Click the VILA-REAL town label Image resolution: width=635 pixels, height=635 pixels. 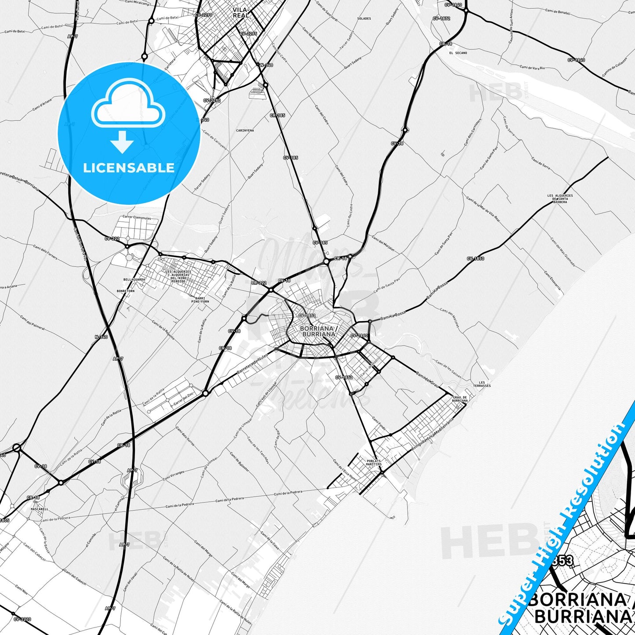pos(241,13)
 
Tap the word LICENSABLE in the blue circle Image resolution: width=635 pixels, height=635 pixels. pos(129,168)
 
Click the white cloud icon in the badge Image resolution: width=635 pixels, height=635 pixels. pos(128,107)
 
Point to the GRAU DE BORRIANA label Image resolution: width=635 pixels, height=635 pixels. pos(460,399)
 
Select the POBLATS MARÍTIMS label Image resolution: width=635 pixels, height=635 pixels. pos(374,463)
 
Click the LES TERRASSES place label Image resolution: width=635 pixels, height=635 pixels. pos(482,384)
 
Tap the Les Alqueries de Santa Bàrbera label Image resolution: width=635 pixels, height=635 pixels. pos(560,199)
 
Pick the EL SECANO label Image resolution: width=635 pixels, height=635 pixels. pos(458,53)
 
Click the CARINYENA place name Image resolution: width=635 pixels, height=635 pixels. pos(245,131)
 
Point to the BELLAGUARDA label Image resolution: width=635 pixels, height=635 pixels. pos(134,279)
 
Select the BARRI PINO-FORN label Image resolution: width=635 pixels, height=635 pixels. pos(200,300)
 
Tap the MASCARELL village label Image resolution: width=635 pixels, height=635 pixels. pos(40,509)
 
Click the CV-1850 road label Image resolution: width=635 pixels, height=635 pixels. pos(475,259)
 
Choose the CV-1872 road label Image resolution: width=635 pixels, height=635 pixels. pos(441,18)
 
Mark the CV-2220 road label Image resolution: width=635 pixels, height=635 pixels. pos(22,619)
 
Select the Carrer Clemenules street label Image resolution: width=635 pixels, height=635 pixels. pos(137,218)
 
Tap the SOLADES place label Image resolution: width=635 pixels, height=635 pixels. pos(364,18)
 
